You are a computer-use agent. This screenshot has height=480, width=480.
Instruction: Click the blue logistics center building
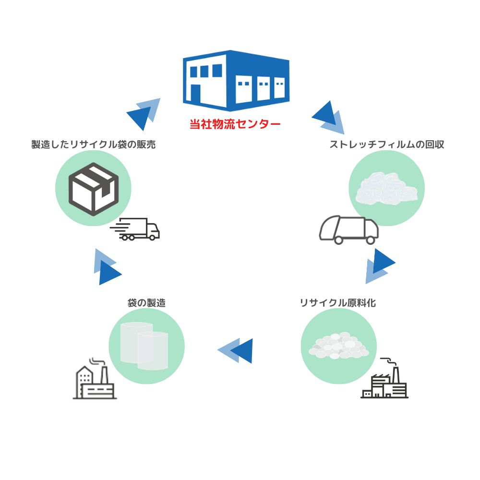[236, 80]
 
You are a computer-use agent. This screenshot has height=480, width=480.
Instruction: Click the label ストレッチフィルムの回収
[386, 144]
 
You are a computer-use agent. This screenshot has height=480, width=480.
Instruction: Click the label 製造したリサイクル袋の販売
[94, 144]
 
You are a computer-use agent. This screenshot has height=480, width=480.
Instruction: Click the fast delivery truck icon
[135, 229]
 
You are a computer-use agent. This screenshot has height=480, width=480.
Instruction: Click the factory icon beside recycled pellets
[384, 380]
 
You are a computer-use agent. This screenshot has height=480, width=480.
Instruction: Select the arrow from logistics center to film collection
[328, 118]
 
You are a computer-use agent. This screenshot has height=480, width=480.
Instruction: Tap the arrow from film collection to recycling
[379, 266]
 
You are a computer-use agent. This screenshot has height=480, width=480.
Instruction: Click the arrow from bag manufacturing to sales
[106, 267]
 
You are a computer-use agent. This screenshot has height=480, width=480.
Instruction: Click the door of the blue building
[195, 93]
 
